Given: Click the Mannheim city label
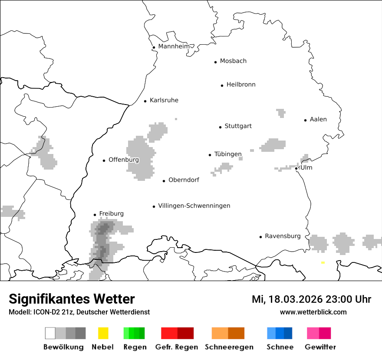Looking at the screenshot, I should click(x=174, y=46).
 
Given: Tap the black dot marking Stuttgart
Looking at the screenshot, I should click(x=220, y=127).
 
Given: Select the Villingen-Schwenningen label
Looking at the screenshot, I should click(x=194, y=206).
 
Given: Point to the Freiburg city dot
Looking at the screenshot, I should click(x=95, y=215).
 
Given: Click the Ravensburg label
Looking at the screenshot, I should click(x=283, y=236).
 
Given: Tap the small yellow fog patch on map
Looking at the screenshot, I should click(x=323, y=262).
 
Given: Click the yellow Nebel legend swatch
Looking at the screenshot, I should click(x=103, y=333).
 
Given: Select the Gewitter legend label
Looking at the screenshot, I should click(x=320, y=347).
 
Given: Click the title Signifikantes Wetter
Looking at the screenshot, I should click(x=72, y=299).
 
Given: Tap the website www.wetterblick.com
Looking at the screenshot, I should click(x=313, y=312).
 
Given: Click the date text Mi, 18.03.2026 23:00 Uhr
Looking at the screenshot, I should click(x=311, y=299).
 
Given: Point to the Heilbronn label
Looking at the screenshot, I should click(x=241, y=85).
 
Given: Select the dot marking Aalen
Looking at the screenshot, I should click(x=305, y=120).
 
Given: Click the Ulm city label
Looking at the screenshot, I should click(x=306, y=167).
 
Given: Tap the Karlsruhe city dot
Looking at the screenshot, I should click(x=145, y=101).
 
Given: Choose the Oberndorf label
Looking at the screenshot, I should click(x=184, y=180).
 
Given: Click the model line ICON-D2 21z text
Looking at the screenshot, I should click(x=79, y=312).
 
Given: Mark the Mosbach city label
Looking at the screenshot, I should click(x=233, y=61).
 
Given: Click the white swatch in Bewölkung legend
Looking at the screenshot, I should click(x=50, y=333).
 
